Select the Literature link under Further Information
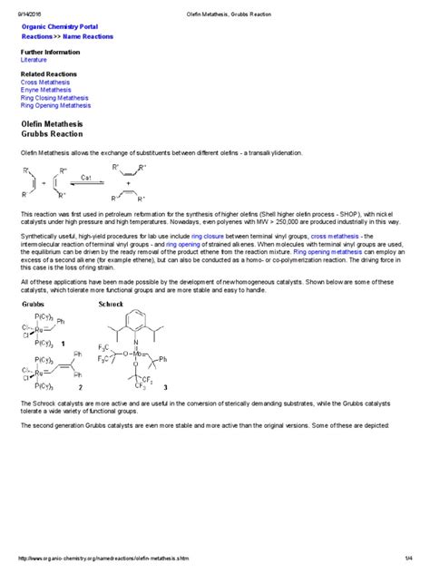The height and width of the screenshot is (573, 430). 34,60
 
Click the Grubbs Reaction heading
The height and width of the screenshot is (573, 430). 52,134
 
